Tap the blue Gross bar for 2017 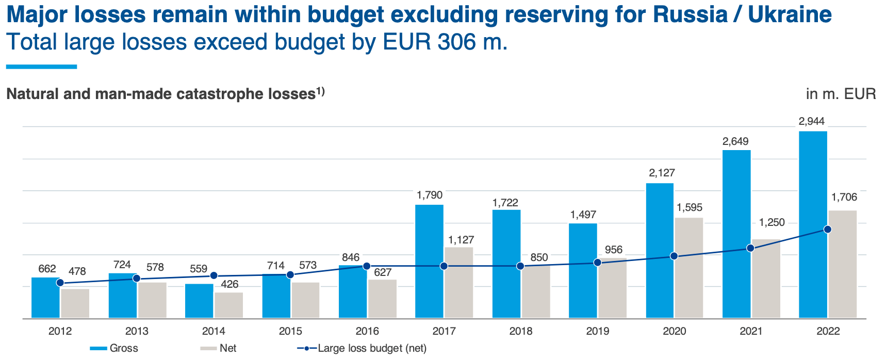click(429, 261)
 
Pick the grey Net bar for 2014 click(228, 305)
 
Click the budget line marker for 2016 click(367, 266)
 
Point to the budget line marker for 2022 click(827, 230)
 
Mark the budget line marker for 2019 click(597, 263)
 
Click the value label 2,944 click(812, 122)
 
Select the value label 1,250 click(772, 223)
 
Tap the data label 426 click(229, 284)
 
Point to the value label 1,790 click(430, 195)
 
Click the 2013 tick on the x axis click(137, 331)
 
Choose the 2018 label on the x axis click(520, 331)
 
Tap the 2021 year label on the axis click(751, 331)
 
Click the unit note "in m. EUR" click(841, 94)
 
